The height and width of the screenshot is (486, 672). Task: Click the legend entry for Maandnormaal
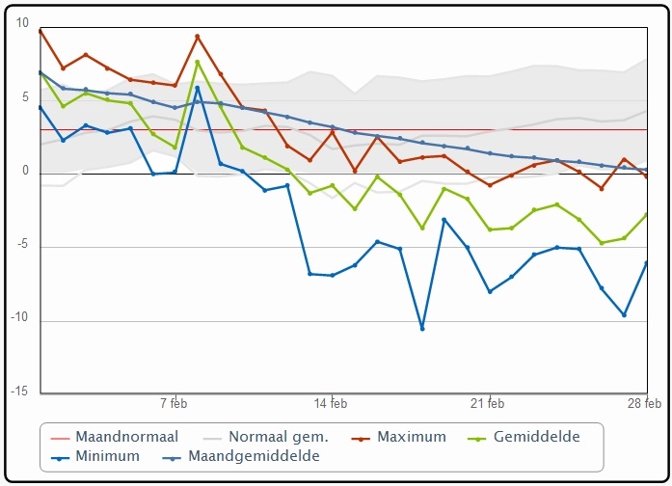click(114, 437)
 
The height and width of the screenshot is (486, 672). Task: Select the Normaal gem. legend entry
click(266, 437)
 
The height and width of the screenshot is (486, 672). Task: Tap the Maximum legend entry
click(399, 437)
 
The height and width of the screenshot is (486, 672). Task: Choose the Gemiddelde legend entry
click(524, 437)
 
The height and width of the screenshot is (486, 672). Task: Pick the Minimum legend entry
click(95, 456)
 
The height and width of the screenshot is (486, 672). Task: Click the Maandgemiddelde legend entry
click(241, 456)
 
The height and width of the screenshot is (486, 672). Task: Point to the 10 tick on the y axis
click(22, 23)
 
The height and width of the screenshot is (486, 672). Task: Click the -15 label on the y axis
click(19, 391)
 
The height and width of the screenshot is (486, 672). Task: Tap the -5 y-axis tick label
click(22, 244)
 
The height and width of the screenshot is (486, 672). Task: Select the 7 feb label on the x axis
click(174, 404)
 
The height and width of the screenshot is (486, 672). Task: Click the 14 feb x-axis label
click(331, 404)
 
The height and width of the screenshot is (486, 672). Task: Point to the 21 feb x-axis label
click(487, 404)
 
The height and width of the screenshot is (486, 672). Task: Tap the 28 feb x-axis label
click(645, 404)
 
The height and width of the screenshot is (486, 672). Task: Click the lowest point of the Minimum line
click(422, 329)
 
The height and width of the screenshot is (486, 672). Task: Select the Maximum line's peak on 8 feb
click(198, 37)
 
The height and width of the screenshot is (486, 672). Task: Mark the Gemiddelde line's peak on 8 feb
click(198, 62)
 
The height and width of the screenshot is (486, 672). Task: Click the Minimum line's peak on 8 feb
click(198, 88)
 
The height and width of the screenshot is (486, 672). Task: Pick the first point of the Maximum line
click(40, 31)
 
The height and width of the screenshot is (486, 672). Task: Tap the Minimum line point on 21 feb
click(490, 291)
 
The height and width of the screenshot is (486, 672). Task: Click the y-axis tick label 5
click(25, 97)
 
